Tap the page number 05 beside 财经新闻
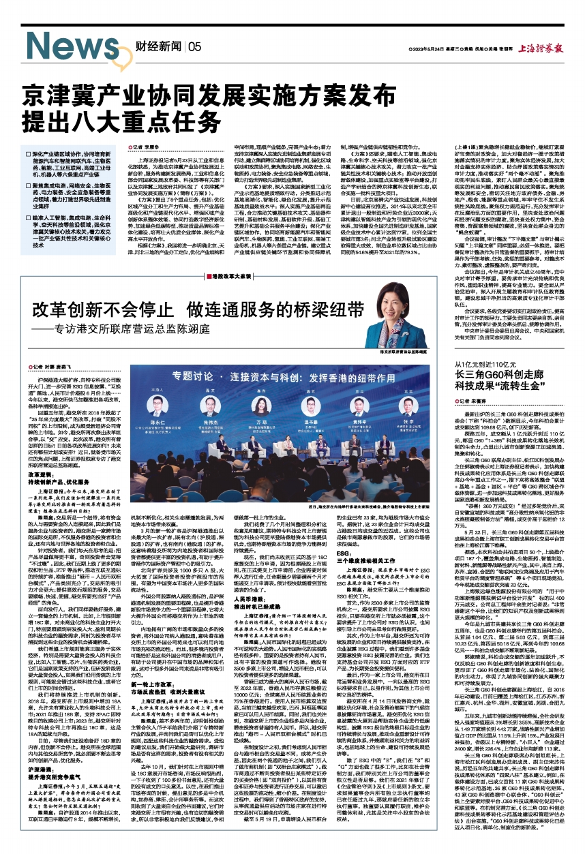point(194,47)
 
